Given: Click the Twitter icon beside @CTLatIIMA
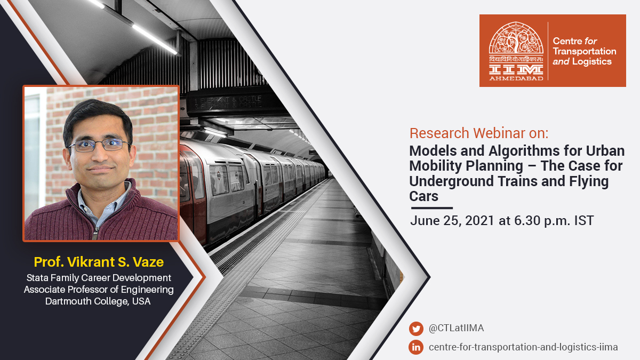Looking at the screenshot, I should pos(416,329).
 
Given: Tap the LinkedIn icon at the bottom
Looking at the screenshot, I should pos(416,347).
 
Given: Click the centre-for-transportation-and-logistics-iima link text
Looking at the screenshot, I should pos(523,347).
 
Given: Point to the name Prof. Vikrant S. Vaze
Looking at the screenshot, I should pos(99,262).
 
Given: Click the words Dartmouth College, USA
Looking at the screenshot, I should pos(99,301).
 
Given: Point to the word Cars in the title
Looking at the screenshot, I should pos(423,196).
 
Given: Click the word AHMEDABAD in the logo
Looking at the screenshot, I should pos(516,78).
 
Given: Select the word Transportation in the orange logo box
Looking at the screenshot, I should pos(584,51).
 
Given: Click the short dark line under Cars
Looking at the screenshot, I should pos(431,208).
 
